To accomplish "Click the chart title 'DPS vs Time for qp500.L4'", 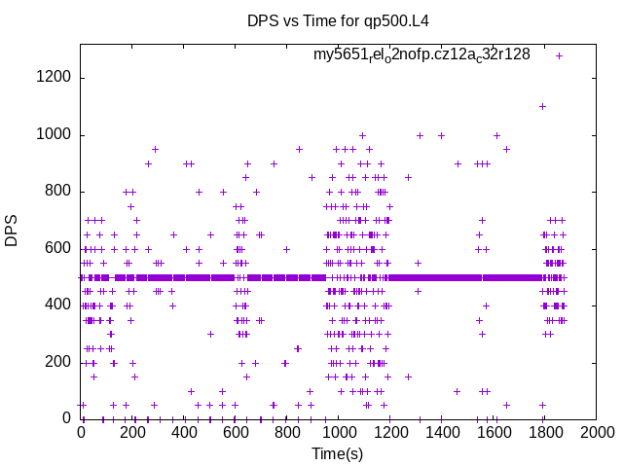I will [x=337, y=20].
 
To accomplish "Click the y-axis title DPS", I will [x=12, y=231].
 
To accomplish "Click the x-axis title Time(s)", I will [x=337, y=453].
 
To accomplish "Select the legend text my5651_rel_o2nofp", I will [x=421, y=55].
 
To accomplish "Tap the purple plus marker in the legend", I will [x=559, y=55].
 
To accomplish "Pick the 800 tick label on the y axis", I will [x=60, y=192].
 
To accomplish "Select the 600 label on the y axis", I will [x=60, y=248].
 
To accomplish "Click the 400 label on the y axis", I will [x=60, y=305].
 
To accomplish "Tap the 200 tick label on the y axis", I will [x=60, y=362].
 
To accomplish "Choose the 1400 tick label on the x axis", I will [x=440, y=432].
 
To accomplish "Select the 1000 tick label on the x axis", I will [x=338, y=432].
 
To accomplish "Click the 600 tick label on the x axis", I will [x=235, y=432].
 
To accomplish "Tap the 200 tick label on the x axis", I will [x=132, y=432].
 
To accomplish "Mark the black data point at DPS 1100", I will [x=542, y=106].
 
